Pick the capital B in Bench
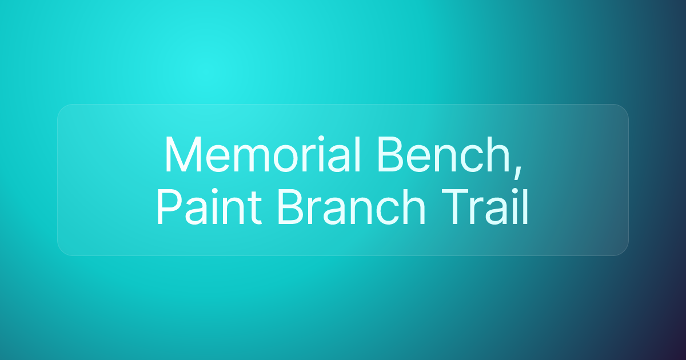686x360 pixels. point(387,155)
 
